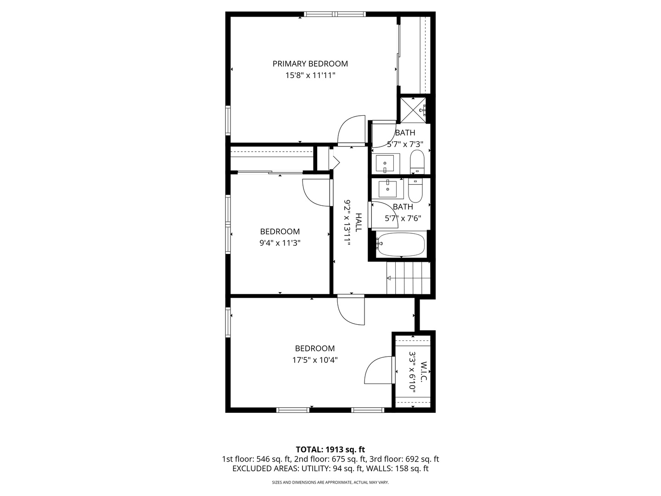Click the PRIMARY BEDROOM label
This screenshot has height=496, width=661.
(310, 64)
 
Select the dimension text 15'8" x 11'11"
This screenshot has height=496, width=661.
(310, 75)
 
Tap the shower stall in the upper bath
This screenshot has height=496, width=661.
(414, 110)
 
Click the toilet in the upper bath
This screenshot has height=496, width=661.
(417, 162)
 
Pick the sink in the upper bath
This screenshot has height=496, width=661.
(385, 163)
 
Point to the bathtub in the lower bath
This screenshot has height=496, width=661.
(400, 245)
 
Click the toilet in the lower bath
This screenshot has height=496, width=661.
(415, 190)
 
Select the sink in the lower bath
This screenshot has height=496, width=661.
(388, 188)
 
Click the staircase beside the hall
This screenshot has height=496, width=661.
(408, 278)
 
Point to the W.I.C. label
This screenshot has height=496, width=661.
(423, 372)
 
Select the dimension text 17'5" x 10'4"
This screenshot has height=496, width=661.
(315, 360)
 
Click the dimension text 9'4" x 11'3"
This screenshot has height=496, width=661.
(280, 243)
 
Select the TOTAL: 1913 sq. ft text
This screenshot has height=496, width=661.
(330, 449)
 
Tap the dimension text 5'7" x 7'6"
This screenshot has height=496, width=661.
(403, 219)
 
